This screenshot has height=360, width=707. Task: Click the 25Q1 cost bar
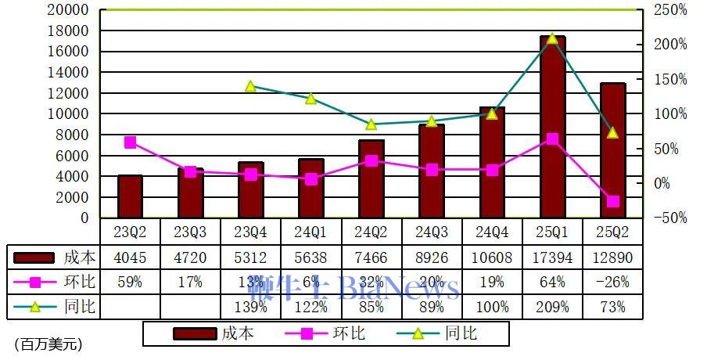tap(552, 127)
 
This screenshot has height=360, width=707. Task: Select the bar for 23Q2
tap(130, 196)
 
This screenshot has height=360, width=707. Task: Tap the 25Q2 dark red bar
tap(612, 150)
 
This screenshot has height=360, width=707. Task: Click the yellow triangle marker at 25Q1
tap(552, 38)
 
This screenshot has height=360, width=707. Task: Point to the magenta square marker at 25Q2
tap(612, 201)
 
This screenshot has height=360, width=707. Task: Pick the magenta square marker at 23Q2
tap(130, 142)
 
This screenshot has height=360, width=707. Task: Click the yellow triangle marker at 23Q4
tap(251, 86)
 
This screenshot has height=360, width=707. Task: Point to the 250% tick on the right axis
tap(670, 10)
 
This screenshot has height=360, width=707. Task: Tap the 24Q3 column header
tap(432, 232)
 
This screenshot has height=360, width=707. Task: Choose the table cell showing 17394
tap(552, 257)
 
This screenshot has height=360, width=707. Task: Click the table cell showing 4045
tap(130, 257)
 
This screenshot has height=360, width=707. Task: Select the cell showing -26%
tap(612, 282)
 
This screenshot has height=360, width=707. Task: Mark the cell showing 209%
tap(552, 307)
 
